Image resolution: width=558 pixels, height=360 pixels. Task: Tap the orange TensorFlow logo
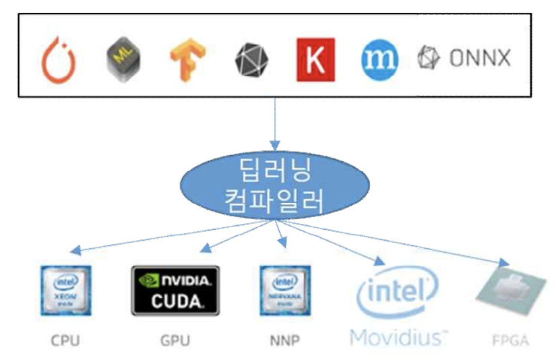coord(183,59)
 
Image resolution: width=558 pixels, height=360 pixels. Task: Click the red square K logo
coord(315,59)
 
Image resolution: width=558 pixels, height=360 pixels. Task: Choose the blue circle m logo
coord(379,59)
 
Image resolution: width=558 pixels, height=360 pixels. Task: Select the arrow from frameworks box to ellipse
coord(275,121)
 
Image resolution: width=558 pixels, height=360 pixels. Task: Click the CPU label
coord(65,340)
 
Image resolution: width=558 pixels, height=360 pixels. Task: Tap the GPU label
coord(175,340)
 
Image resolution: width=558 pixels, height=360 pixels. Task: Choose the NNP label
coord(284,340)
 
